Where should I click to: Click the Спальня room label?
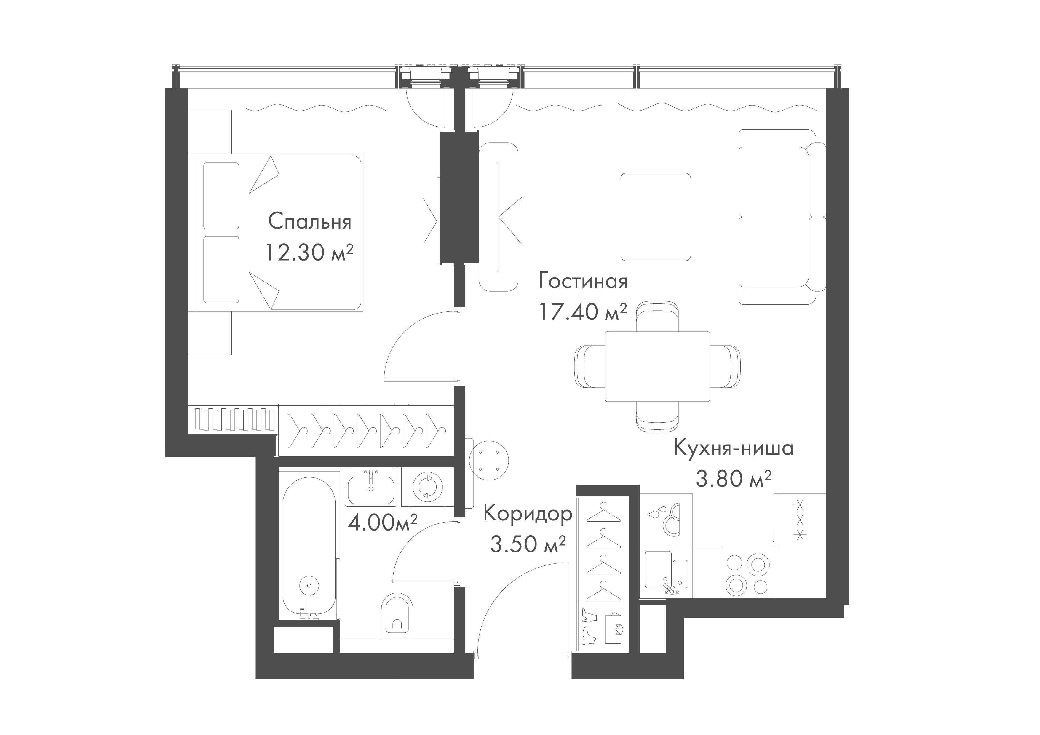(x=310, y=222)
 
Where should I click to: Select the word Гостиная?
(x=583, y=281)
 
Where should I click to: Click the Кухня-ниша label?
(x=734, y=448)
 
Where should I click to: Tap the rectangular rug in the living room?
(x=655, y=217)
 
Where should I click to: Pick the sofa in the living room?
(x=782, y=217)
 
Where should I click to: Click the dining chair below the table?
(x=658, y=416)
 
